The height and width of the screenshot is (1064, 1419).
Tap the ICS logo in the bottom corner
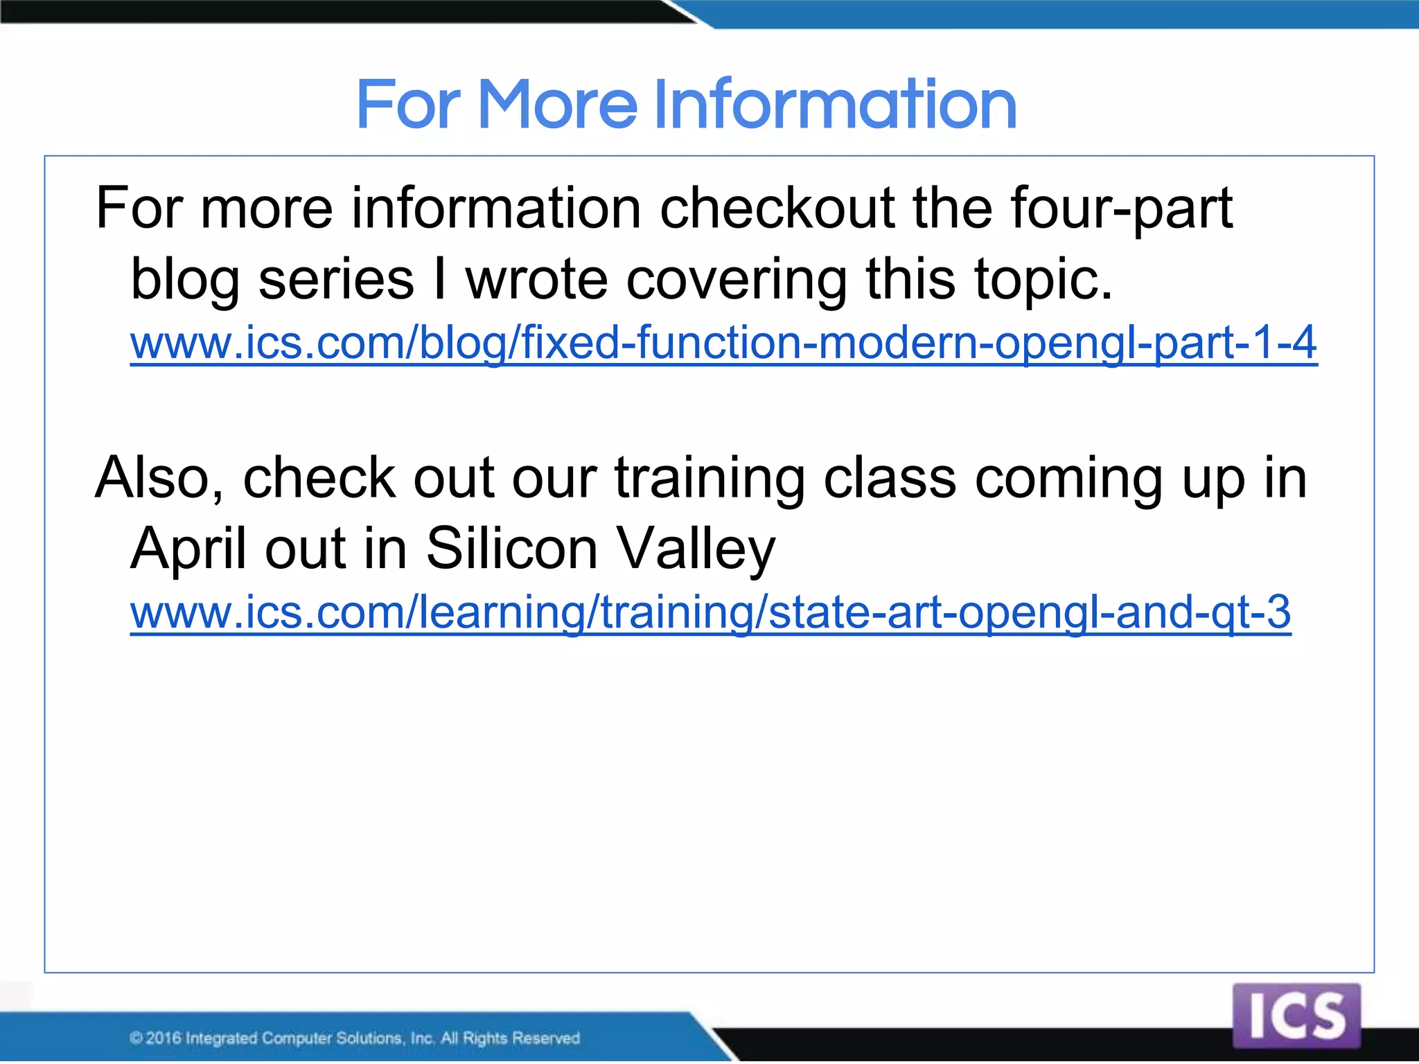1296,1016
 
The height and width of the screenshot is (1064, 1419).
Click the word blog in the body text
184,279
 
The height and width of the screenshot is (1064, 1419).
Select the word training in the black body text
709,477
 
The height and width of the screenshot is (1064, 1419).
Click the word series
336,279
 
